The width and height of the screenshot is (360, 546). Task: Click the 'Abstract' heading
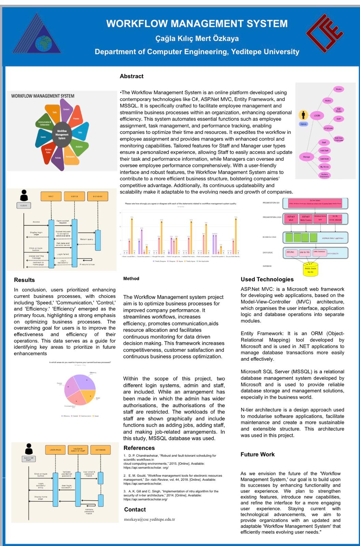tap(131, 76)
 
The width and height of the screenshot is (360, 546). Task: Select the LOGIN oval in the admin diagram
tap(317, 116)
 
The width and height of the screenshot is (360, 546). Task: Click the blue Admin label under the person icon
tap(303, 124)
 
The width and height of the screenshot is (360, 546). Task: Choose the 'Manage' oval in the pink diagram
tap(306, 157)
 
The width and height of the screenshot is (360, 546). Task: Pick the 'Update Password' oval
tap(324, 175)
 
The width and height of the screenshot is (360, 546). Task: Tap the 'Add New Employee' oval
tap(338, 139)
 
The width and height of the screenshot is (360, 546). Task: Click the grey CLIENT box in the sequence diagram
tap(24, 205)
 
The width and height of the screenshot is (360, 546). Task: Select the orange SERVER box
tap(74, 197)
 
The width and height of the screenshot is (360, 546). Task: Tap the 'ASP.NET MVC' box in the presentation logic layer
tap(291, 218)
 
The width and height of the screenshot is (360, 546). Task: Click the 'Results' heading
tap(24, 280)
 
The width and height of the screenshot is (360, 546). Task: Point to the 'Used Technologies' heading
tap(267, 279)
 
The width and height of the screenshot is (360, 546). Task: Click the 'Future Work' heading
tap(257, 455)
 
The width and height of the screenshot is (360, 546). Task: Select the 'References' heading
tap(139, 448)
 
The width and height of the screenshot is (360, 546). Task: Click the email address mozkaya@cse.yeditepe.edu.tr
tap(149, 519)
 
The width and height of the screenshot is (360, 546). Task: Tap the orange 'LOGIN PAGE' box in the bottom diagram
tap(55, 450)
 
